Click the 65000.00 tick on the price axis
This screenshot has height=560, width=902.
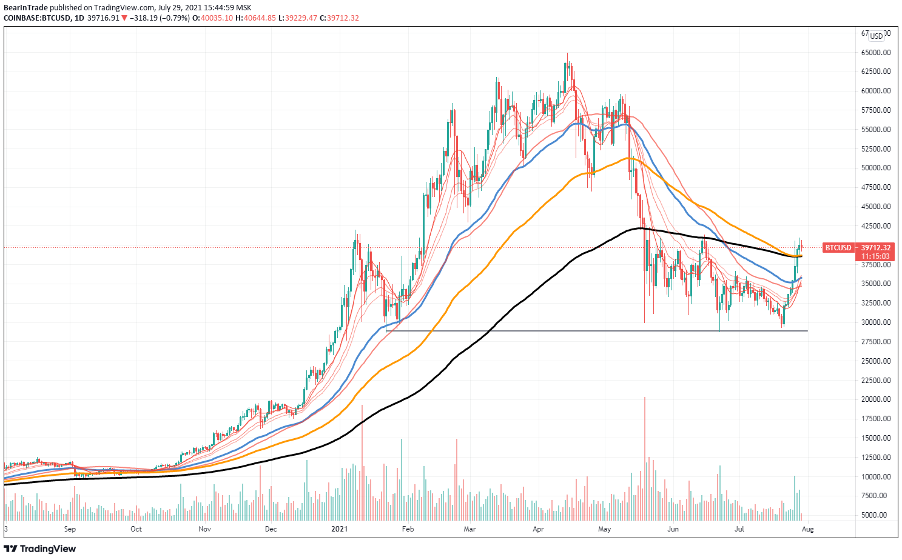coord(876,52)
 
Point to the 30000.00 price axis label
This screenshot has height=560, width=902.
coord(876,322)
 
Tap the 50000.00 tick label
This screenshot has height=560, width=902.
coord(876,168)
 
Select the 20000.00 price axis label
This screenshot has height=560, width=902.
coord(876,399)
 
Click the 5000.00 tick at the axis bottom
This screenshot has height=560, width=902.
coord(878,515)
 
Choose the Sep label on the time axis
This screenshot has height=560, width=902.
coord(70,529)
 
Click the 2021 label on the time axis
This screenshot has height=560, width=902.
coord(340,529)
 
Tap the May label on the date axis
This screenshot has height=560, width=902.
coord(604,529)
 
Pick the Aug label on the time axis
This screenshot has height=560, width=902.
coord(807,529)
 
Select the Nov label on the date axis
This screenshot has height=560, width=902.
coord(204,529)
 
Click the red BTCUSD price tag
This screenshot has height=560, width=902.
coord(837,248)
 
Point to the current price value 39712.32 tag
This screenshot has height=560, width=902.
coord(876,248)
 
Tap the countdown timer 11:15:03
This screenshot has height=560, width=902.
coord(876,256)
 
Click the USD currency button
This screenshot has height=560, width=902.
coord(876,36)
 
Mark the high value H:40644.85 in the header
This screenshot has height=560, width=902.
coord(255,18)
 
